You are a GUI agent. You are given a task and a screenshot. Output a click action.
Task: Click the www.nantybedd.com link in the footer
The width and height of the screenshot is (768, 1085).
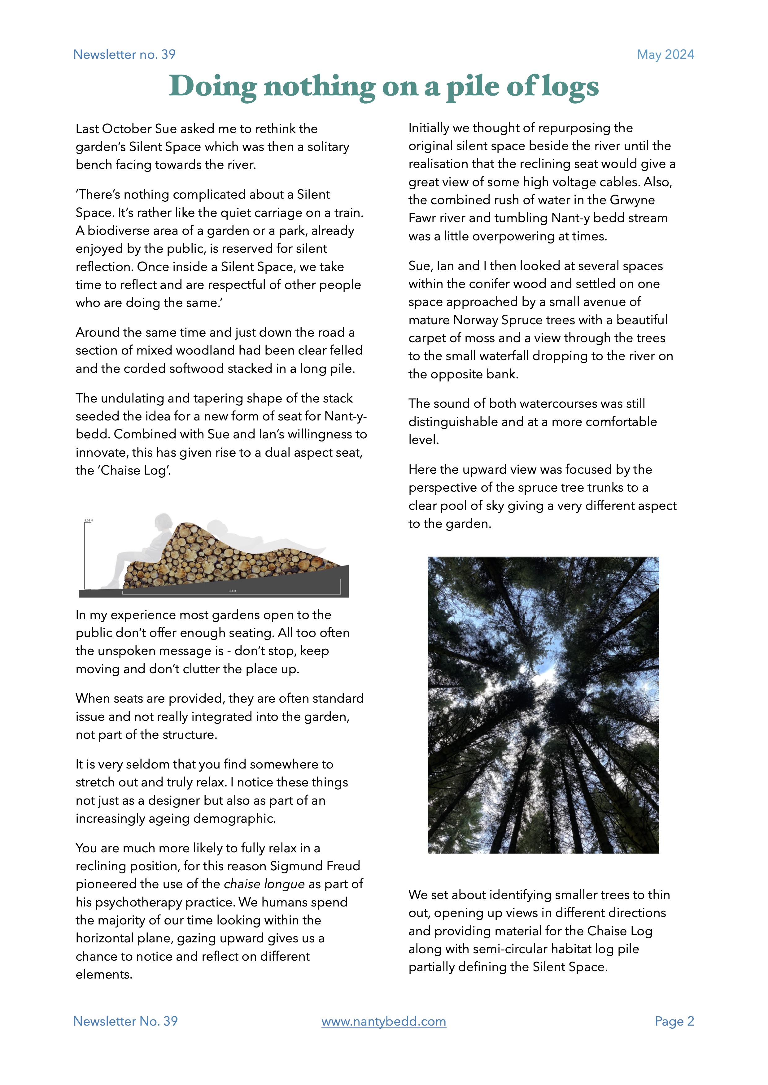(x=383, y=1021)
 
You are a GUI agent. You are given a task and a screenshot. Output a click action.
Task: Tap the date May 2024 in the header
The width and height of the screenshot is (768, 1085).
(x=665, y=54)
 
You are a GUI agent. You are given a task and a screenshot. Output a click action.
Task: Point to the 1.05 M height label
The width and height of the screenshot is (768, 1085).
(x=89, y=520)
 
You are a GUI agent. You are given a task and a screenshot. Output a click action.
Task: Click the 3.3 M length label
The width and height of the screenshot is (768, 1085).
(x=232, y=591)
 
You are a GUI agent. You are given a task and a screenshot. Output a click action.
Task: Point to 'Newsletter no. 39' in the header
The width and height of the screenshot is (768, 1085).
(x=124, y=54)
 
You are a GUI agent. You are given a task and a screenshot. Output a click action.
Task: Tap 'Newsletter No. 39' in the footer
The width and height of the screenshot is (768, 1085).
(x=125, y=1021)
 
